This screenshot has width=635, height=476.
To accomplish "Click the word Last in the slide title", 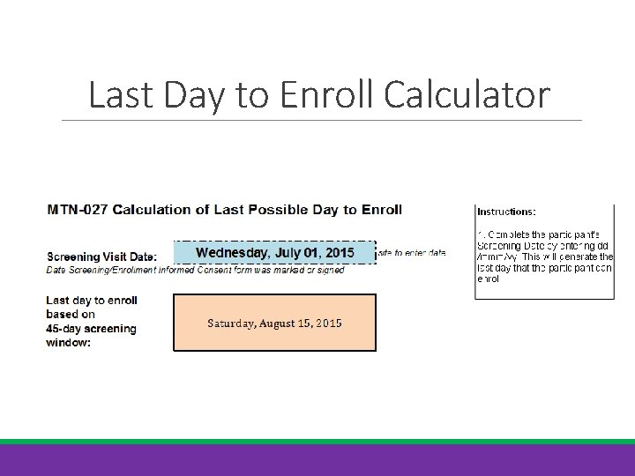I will pos(121,95).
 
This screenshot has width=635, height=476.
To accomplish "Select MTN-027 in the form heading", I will pos(73,210).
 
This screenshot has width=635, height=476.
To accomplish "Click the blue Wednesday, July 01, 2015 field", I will pos(274,253).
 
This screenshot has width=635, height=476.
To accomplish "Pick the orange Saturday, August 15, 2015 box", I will pos(274,324).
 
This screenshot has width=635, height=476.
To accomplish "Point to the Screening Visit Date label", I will pos(101,257).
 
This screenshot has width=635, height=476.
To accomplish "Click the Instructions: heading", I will pos(506,212).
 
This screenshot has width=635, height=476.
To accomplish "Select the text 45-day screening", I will pos(91,329).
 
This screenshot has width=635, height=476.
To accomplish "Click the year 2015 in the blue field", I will pos(338,253).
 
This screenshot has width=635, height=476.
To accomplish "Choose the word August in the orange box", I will pos(280,324).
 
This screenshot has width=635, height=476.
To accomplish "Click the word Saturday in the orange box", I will pos(231,324).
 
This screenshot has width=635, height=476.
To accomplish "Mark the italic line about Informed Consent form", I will pos(195,270).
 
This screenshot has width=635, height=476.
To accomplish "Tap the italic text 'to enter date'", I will pos(412,253).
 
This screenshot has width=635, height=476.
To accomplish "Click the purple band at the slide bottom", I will pos(317,460).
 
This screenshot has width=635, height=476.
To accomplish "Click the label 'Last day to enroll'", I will pos(91,301).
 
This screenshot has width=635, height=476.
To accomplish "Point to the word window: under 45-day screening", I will pos(68,342).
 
